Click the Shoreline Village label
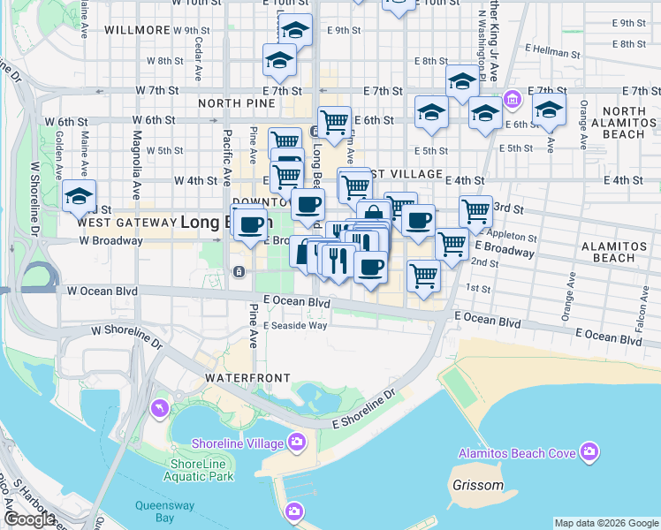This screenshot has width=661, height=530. pyautogui.click(x=239, y=442)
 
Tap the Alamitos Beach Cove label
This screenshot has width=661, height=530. pyautogui.click(x=516, y=453)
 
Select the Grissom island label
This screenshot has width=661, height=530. pyautogui.click(x=477, y=485)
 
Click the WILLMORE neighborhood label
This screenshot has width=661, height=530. pyautogui.click(x=136, y=29)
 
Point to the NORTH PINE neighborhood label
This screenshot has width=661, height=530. pyautogui.click(x=232, y=103)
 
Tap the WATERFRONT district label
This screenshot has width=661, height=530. pyautogui.click(x=247, y=378)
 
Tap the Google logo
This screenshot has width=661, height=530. pyautogui.click(x=29, y=519)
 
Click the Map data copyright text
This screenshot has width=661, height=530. pyautogui.click(x=606, y=523)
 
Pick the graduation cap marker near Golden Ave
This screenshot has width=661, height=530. pyautogui.click(x=80, y=197)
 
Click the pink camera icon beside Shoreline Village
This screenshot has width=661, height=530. pyautogui.click(x=297, y=441)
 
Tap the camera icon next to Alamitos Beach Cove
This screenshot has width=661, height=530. pyautogui.click(x=589, y=453)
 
